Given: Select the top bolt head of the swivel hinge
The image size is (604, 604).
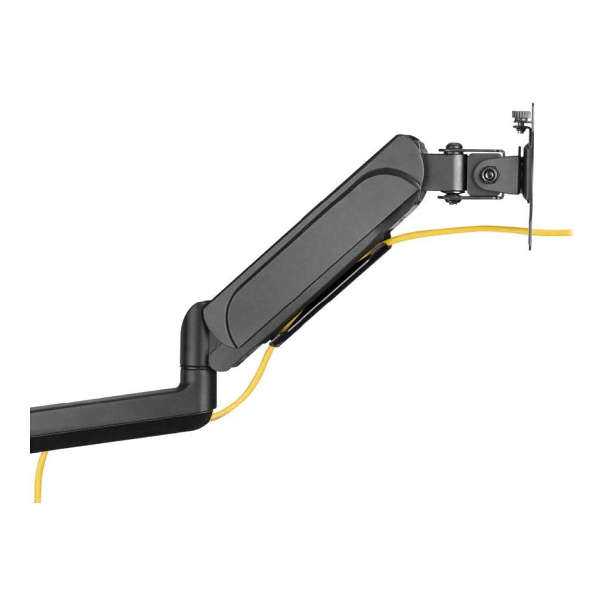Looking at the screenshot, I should pos(451,148).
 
